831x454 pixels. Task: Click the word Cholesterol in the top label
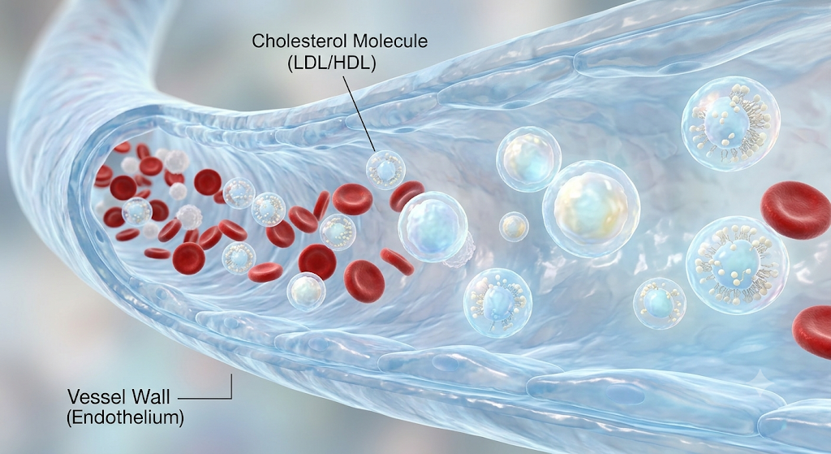coord(295,41)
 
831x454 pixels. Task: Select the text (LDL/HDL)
coord(332,63)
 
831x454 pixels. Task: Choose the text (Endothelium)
coord(125,417)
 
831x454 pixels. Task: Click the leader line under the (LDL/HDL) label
coord(359,113)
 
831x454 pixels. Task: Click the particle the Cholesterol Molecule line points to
coord(385,170)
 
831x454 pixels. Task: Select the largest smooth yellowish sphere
coord(591,209)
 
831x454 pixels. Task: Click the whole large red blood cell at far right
coord(797,210)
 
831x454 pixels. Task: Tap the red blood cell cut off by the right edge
coord(813,331)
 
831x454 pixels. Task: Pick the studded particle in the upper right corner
coord(730,123)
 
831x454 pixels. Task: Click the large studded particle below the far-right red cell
coord(737,266)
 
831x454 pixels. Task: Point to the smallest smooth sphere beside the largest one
coord(514,227)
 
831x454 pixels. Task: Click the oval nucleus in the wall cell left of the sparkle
coord(626,394)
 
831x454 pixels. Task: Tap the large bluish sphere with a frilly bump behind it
coord(433,227)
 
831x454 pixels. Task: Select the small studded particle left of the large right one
coord(659,304)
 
